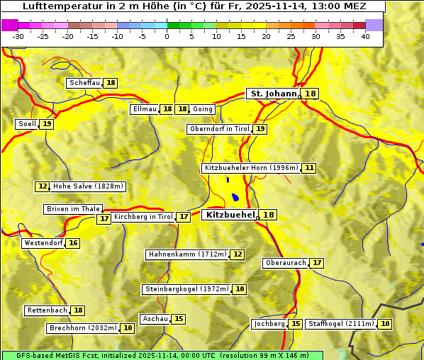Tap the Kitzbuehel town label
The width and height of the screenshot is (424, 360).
[x=230, y=215]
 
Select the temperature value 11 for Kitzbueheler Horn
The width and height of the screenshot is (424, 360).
[x=309, y=168]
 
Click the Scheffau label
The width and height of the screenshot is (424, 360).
[x=84, y=83]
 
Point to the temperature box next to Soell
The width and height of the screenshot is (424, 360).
[x=47, y=124]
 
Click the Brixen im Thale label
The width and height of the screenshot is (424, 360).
[x=73, y=209]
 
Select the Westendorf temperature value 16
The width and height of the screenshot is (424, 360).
[x=73, y=243]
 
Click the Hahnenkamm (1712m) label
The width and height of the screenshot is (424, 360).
[x=187, y=254]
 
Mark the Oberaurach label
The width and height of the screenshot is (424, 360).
[x=286, y=263]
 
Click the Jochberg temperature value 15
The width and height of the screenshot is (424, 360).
[x=296, y=324]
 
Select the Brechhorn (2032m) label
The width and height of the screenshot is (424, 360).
[x=82, y=328]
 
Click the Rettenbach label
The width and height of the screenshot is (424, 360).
[x=48, y=310]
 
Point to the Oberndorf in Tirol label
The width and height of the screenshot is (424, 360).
[x=219, y=129]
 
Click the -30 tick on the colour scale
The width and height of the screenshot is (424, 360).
[x=18, y=36]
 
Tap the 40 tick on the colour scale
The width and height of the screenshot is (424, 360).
[x=365, y=36]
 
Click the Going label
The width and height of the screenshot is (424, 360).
[x=203, y=109]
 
